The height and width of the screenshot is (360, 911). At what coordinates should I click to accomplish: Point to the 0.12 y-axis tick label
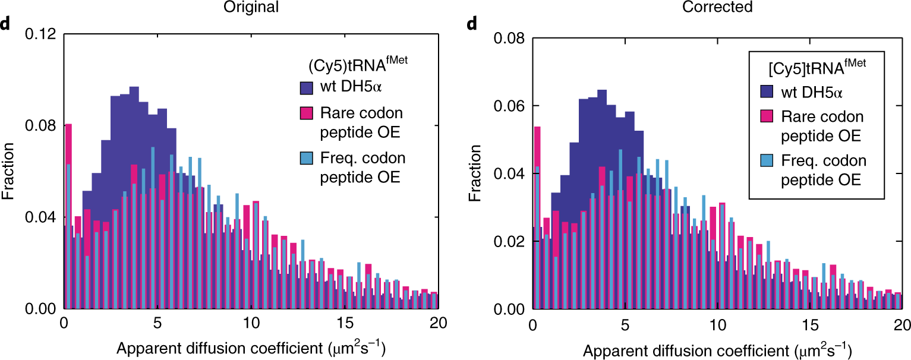pyautogui.click(x=41, y=34)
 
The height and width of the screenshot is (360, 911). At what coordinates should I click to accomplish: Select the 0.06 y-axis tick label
pyautogui.click(x=510, y=106)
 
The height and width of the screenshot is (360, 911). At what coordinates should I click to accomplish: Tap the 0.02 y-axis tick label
pyautogui.click(x=510, y=242)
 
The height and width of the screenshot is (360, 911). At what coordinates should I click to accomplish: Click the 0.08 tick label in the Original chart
pyautogui.click(x=41, y=126)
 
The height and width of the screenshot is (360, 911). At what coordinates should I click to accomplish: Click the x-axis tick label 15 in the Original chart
pyautogui.click(x=344, y=324)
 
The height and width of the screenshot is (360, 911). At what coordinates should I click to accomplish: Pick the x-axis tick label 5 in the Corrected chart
pyautogui.click(x=624, y=325)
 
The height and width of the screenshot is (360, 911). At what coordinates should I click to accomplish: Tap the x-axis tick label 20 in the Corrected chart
pyautogui.click(x=901, y=325)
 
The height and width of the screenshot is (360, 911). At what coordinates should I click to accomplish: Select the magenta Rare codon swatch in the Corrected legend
pyautogui.click(x=767, y=117)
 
